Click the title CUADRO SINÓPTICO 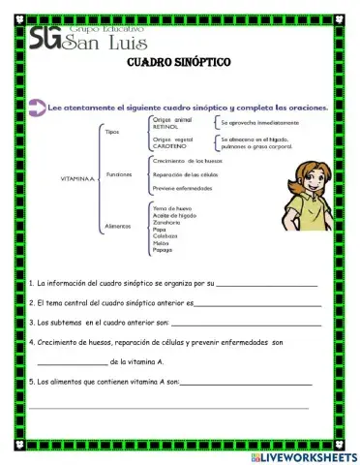pyautogui.click(x=178, y=62)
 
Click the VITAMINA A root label pyautogui.click(x=78, y=179)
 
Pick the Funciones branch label pyautogui.click(x=119, y=174)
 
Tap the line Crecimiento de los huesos pyautogui.click(x=187, y=160)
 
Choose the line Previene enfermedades pyautogui.click(x=182, y=188)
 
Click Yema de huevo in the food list pyautogui.click(x=171, y=207)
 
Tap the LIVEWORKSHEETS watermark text pyautogui.click(x=309, y=455)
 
